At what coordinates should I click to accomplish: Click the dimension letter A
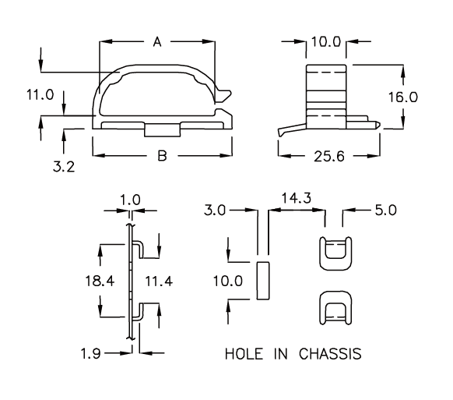[157, 42]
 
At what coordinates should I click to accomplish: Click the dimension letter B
[163, 156]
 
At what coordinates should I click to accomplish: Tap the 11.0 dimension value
[40, 95]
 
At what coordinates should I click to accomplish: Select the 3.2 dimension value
[64, 167]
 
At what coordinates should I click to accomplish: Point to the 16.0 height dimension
[403, 97]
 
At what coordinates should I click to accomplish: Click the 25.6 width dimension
[329, 157]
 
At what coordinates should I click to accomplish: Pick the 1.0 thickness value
[130, 200]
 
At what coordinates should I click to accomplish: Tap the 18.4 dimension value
[100, 281]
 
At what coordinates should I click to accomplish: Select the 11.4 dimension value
[159, 281]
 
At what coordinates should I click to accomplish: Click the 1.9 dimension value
[91, 354]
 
